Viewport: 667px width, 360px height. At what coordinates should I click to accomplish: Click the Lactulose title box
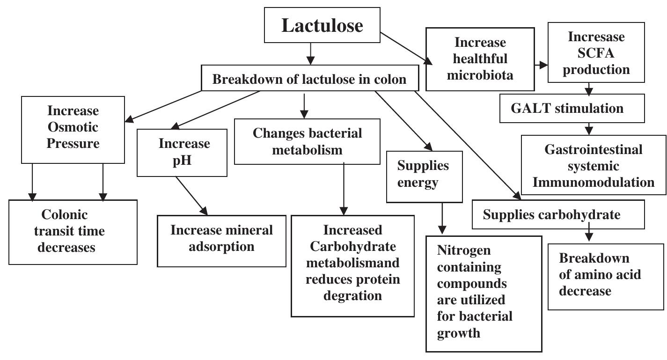[x=322, y=26]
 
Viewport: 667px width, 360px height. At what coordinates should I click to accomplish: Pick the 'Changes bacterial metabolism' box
[x=307, y=141]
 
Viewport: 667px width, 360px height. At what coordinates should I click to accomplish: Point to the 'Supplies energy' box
[x=423, y=174]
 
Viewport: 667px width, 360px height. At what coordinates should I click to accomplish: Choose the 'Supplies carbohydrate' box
[x=551, y=215]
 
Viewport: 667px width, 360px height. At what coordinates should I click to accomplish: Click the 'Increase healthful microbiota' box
[x=480, y=59]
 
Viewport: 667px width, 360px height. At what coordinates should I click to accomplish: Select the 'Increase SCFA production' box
[x=589, y=53]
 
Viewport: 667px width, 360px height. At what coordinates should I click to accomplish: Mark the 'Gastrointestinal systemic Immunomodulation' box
[x=594, y=166]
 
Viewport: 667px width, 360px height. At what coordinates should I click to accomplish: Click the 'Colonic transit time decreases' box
[x=73, y=231]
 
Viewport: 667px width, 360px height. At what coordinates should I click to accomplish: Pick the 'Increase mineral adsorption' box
[x=221, y=238]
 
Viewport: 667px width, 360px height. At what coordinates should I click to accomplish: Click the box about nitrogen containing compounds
[x=484, y=293]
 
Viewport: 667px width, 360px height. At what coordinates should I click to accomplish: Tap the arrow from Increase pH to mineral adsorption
[x=190, y=196]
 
